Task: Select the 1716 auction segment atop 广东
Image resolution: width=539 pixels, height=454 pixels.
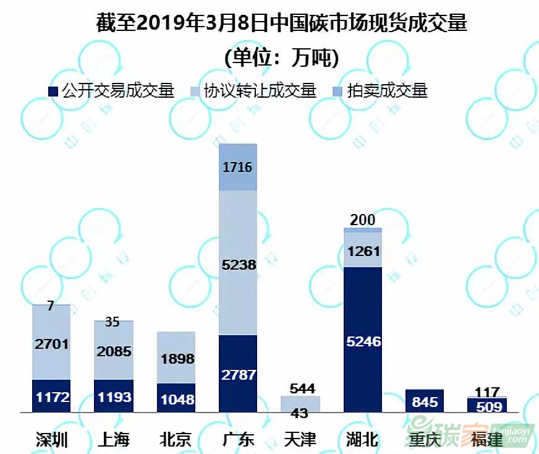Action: point(238,167)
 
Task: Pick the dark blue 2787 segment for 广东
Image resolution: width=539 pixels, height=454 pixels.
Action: point(238,374)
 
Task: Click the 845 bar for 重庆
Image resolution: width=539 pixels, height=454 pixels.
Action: point(425,401)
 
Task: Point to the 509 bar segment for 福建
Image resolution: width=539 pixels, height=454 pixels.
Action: point(486,406)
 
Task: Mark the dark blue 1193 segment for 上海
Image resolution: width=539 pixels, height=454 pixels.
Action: point(114,396)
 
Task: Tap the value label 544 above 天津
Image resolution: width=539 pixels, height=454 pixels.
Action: point(302,388)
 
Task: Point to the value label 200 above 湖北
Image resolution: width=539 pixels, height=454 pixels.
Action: point(362,220)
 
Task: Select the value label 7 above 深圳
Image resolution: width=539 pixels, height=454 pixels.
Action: point(51,306)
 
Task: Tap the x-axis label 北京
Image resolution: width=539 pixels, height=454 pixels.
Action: point(176,440)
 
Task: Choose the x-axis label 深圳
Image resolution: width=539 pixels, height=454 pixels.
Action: point(51,440)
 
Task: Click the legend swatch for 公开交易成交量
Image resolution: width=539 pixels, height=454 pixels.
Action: point(53,92)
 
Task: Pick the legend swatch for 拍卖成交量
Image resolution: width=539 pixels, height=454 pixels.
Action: point(338,92)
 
